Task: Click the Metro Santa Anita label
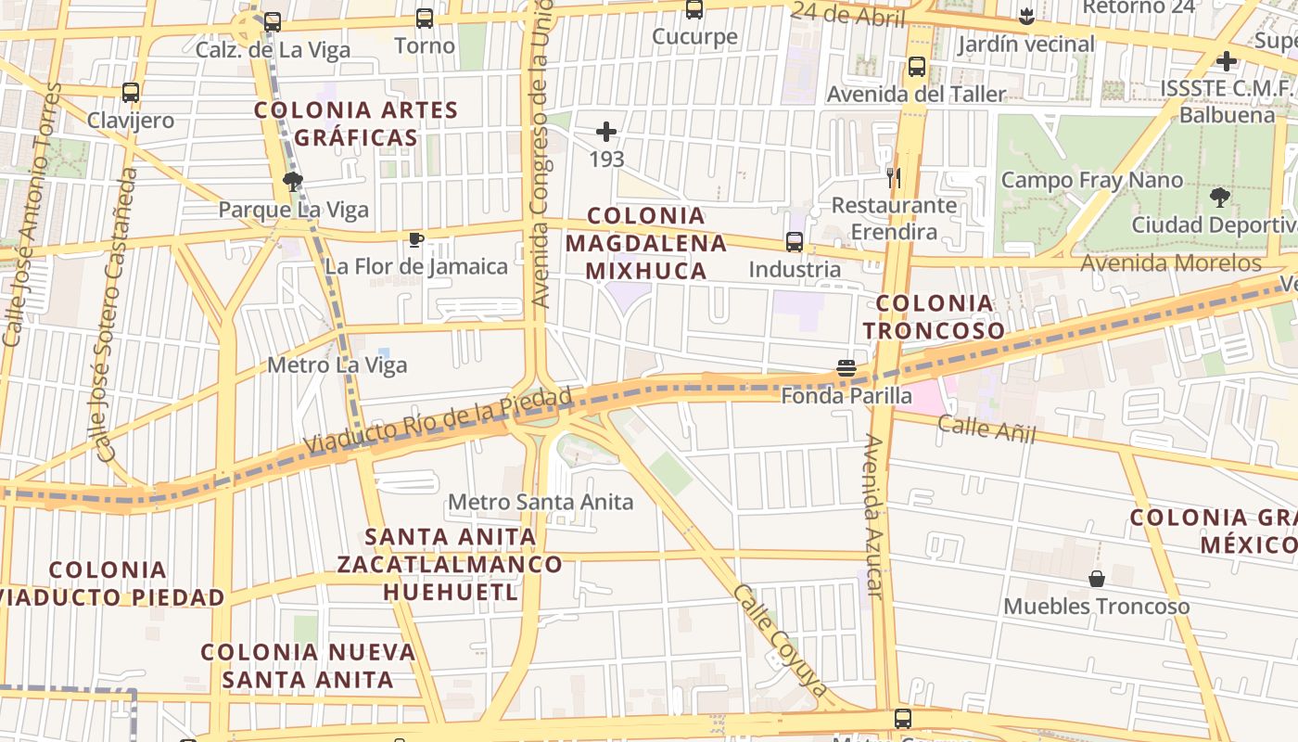(541, 502)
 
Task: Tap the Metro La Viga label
(337, 365)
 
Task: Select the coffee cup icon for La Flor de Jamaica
(416, 240)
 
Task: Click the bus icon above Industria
(795, 242)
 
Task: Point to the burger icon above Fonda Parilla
(846, 368)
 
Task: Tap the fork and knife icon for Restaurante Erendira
(894, 178)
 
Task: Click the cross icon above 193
(606, 132)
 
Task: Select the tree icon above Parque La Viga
(293, 182)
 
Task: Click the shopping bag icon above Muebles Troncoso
(1097, 579)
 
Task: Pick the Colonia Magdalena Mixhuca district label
(646, 243)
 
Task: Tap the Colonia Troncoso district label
(935, 316)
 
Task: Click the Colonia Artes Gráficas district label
(357, 124)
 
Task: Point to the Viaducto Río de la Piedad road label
(439, 422)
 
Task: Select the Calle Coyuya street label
(780, 640)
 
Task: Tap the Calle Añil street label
(986, 429)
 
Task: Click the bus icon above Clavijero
(131, 93)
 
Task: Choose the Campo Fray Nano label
(1092, 180)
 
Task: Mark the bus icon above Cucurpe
(694, 10)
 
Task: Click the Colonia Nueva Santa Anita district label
(308, 665)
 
